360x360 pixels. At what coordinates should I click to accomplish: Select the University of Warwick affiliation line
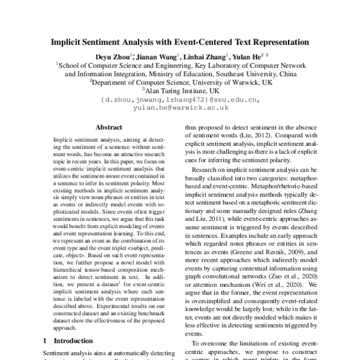[180, 82]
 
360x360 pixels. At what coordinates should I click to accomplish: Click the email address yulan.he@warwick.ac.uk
[181, 108]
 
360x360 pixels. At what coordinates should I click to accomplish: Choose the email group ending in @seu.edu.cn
[180, 100]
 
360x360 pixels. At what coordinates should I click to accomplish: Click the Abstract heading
[109, 128]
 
